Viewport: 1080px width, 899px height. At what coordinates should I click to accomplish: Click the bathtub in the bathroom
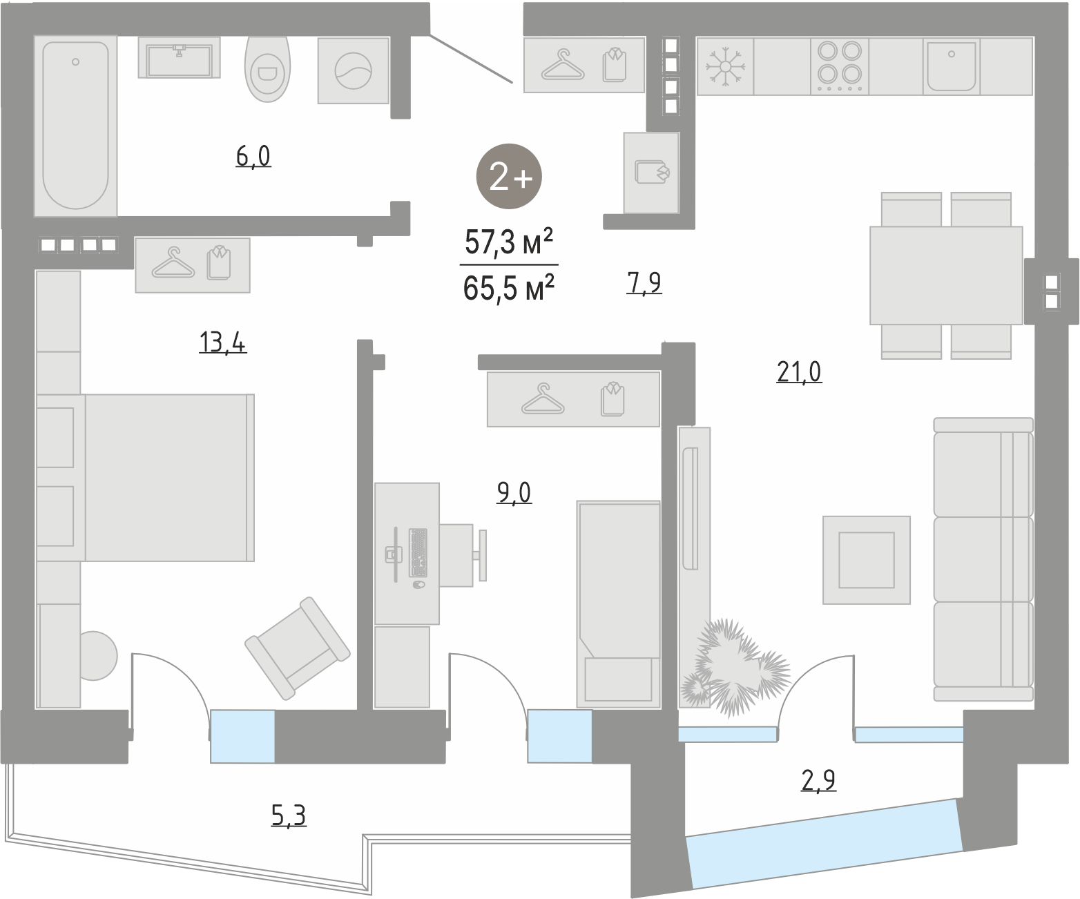pos(75,126)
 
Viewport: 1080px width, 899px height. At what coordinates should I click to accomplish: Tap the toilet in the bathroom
pos(267,68)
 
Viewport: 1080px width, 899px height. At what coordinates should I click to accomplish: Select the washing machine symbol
pos(354,70)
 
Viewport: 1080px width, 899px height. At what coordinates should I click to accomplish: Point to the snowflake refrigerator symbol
pos(725,67)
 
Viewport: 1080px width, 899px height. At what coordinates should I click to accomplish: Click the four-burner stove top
pos(840,66)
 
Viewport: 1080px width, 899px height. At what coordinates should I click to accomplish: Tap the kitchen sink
pos(952,66)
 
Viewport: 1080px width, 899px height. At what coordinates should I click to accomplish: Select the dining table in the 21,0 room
pos(946,275)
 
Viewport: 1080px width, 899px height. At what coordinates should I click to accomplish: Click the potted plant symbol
pos(735,667)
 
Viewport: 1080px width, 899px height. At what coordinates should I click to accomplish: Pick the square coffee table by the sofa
pos(867,560)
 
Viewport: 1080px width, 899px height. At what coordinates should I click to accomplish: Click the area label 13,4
pos(222,342)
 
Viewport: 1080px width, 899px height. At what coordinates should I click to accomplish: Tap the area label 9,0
pos(514,492)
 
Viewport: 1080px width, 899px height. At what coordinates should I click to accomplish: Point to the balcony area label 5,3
pos(289,815)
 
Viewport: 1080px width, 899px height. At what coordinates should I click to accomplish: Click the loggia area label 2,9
pos(818,780)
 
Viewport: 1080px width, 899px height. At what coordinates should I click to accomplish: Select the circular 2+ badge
pos(509,176)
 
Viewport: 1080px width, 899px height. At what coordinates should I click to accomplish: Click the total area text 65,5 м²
pos(509,288)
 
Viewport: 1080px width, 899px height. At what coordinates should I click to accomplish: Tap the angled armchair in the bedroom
pos(298,648)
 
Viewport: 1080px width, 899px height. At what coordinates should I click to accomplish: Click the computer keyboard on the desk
pos(418,552)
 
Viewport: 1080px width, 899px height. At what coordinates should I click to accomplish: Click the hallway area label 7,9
pos(644,282)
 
